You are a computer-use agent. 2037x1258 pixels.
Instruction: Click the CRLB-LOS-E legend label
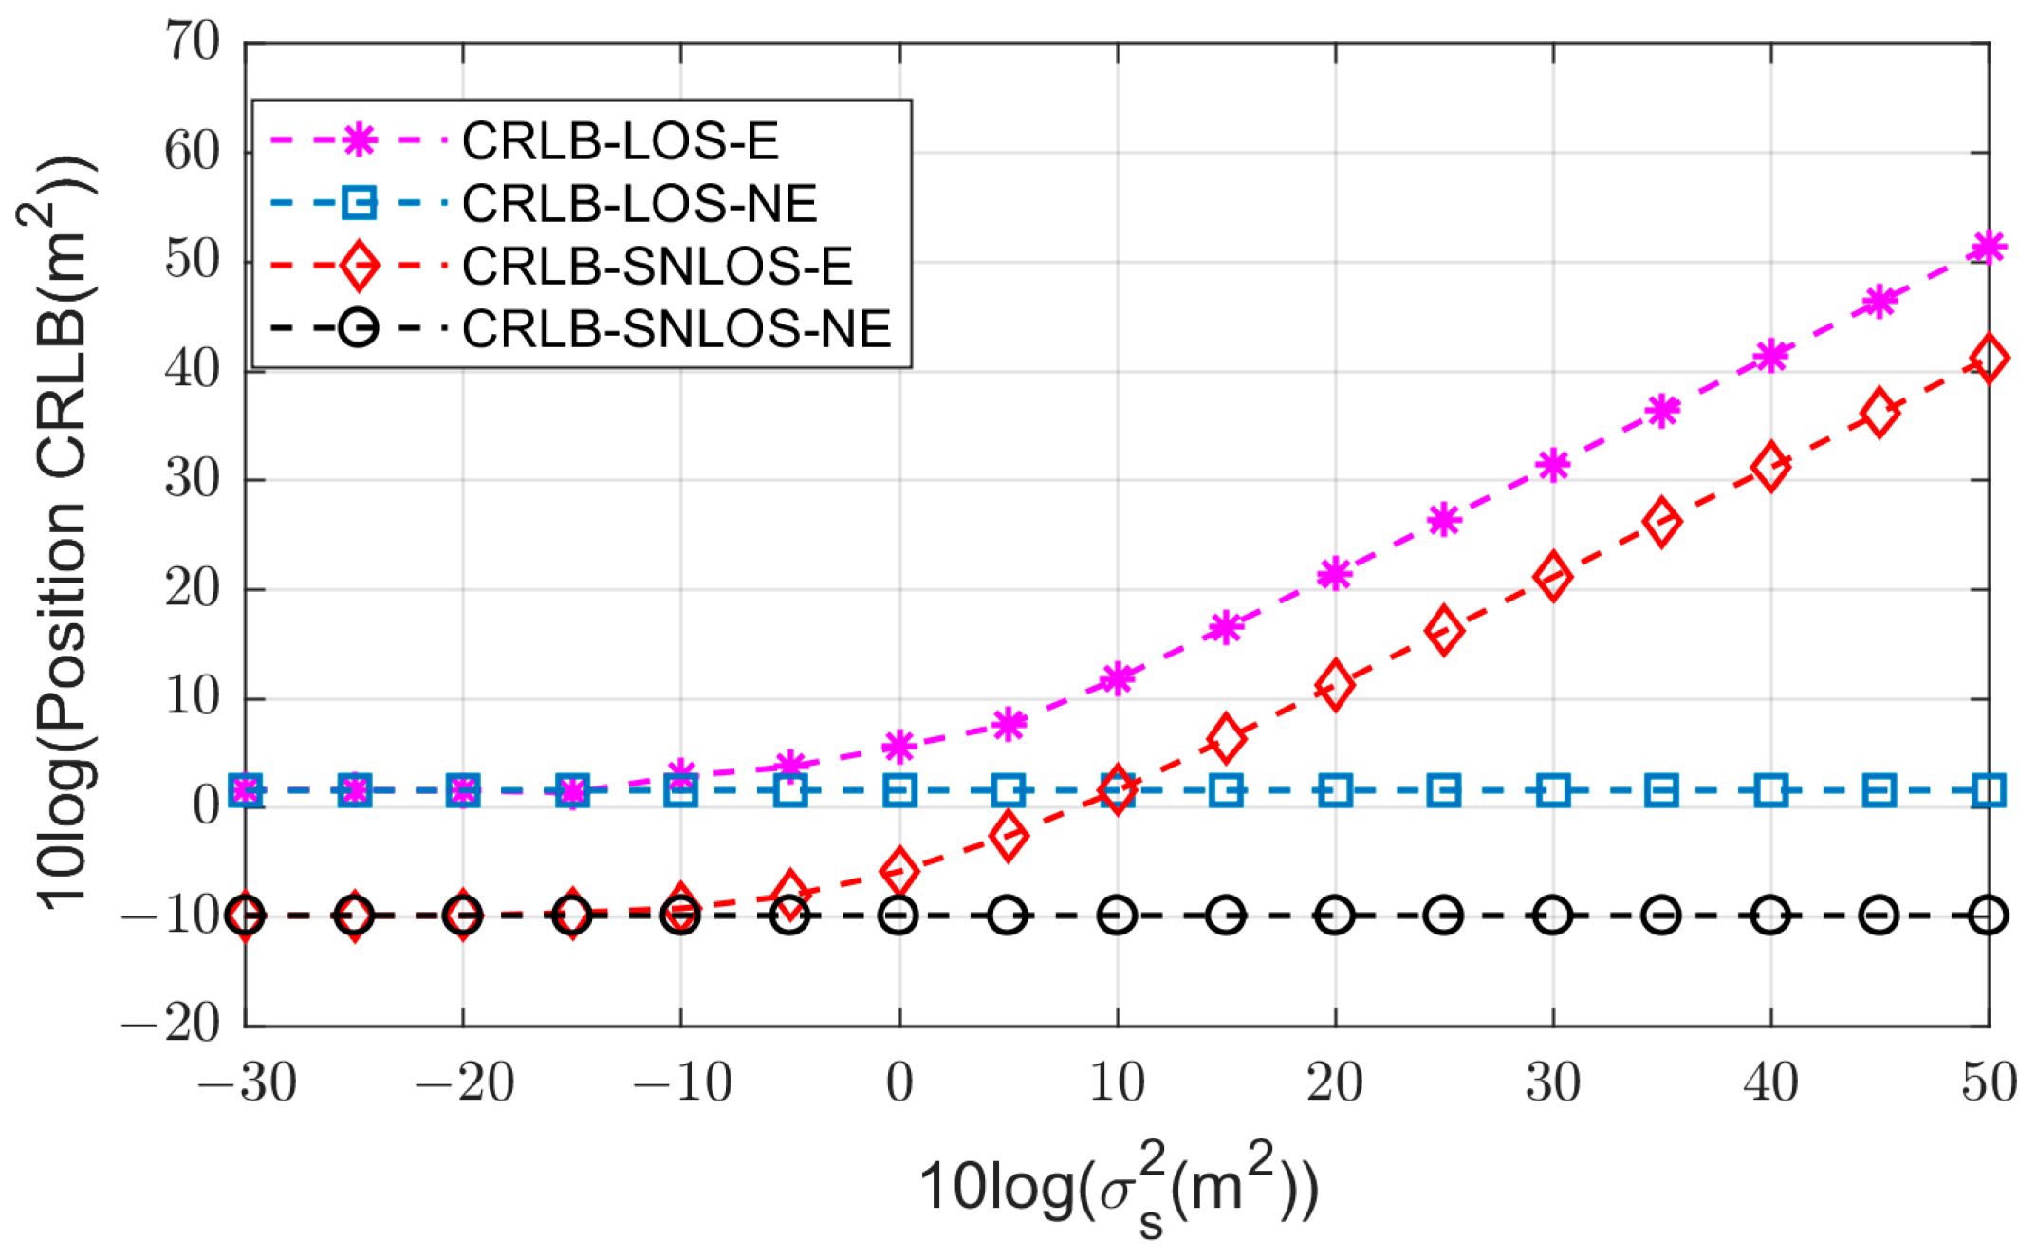[620, 141]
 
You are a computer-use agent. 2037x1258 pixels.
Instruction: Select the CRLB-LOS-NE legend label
[639, 204]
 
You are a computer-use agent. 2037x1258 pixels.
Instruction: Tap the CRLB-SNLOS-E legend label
[657, 267]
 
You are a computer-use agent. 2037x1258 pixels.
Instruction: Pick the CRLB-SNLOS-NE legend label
[676, 329]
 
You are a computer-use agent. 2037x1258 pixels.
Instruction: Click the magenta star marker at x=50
[1988, 248]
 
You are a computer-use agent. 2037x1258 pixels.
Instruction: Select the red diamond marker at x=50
[1988, 359]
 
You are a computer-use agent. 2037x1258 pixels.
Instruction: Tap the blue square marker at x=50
[1988, 790]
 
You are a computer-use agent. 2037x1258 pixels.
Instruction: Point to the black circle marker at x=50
[1988, 916]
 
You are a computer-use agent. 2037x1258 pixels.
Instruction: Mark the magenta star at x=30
[1553, 465]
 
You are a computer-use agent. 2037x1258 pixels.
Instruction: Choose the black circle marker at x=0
[898, 916]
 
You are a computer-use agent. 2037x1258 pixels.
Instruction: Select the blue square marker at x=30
[1553, 790]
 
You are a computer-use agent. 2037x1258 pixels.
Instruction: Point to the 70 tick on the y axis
[192, 42]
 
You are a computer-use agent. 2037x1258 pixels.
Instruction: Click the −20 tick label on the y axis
[171, 1025]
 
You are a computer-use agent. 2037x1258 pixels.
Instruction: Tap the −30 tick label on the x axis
[247, 1082]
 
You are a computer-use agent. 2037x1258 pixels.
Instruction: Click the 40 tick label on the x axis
[1770, 1082]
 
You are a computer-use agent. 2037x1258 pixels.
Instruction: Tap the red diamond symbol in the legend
[359, 267]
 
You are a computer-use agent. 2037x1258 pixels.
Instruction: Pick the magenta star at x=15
[1226, 627]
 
